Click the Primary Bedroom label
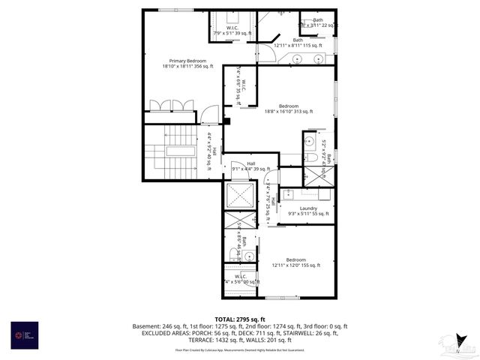[x=187, y=61]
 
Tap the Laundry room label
[x=308, y=208]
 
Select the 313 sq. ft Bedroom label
[x=289, y=106]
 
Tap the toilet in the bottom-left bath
[x=235, y=254]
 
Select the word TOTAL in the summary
[x=226, y=319]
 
